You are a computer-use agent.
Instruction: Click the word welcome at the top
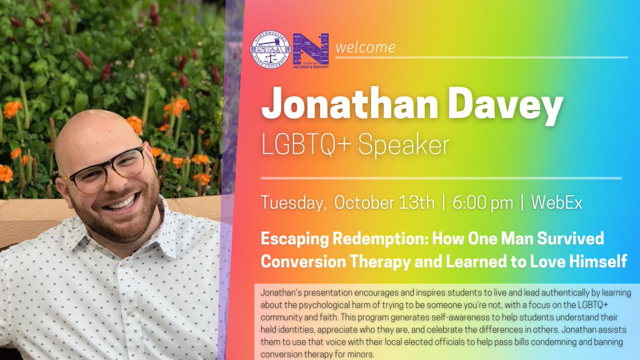365,47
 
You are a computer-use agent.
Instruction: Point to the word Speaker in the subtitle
403,145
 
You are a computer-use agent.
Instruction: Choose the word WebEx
557,203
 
